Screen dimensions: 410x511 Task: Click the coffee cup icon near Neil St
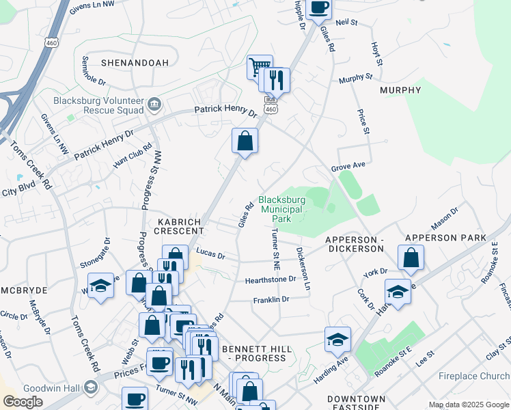click(318, 8)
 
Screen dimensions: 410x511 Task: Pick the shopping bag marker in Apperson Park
click(411, 258)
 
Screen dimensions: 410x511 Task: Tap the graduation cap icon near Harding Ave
click(337, 339)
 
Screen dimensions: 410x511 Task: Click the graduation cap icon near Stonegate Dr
click(100, 285)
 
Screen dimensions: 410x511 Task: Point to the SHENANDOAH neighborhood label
click(135, 63)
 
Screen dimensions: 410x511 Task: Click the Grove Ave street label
click(348, 166)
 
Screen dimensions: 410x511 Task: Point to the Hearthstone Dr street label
click(271, 279)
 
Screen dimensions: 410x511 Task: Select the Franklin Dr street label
click(271, 299)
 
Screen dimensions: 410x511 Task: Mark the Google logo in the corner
click(23, 402)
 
